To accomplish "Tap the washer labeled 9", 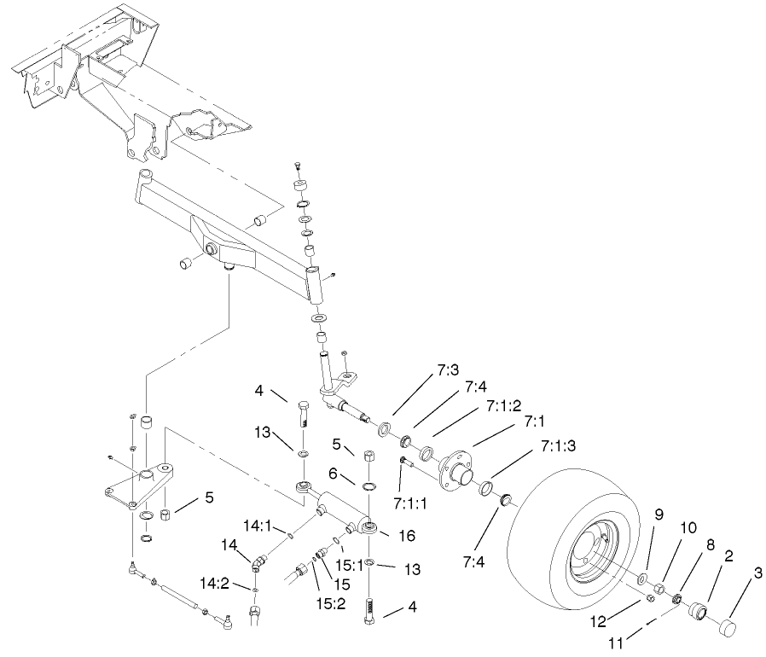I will [641, 580].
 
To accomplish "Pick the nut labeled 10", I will [661, 588].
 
